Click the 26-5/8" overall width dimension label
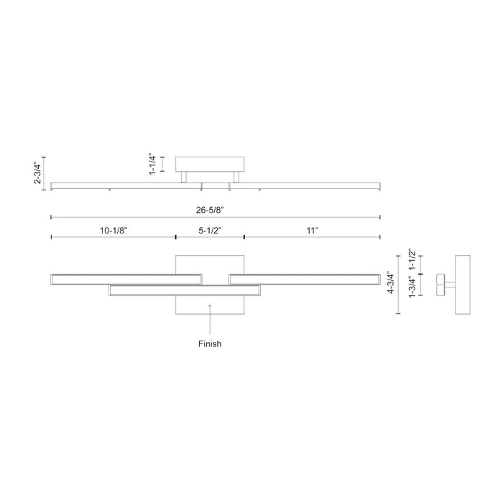(x=210, y=210)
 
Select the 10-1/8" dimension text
(x=114, y=231)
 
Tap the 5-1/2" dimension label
(x=210, y=231)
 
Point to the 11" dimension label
(x=312, y=231)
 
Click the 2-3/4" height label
(x=38, y=173)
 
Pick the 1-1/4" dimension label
(x=152, y=165)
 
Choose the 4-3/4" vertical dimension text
(x=391, y=282)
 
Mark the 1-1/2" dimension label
(x=412, y=259)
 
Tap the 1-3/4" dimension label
(x=412, y=287)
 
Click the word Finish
(x=210, y=344)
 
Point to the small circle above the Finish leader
(x=210, y=306)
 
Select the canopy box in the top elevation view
(x=210, y=165)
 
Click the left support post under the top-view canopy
(x=184, y=177)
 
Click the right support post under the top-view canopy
(x=236, y=177)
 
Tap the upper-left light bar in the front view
(x=126, y=280)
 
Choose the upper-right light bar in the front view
(x=305, y=280)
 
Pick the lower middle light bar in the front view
(x=185, y=290)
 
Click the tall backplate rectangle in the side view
(x=463, y=285)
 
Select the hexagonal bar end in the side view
(x=440, y=285)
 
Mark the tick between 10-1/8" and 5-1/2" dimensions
(x=176, y=237)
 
